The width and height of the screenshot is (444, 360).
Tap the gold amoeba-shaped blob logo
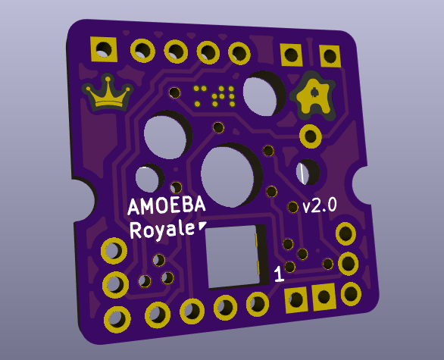click(x=314, y=95)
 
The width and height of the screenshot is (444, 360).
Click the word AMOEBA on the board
click(x=166, y=206)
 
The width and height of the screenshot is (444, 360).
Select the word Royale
click(x=161, y=230)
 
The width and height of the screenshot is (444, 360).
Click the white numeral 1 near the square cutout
click(x=278, y=274)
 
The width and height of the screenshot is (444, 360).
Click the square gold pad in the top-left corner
click(x=102, y=50)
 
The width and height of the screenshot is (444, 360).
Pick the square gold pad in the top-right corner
click(x=330, y=56)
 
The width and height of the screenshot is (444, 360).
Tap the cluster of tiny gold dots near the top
click(x=215, y=95)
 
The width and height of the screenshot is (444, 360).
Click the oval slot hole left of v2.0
click(x=307, y=173)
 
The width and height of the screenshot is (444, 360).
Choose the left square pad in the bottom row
click(x=295, y=299)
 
